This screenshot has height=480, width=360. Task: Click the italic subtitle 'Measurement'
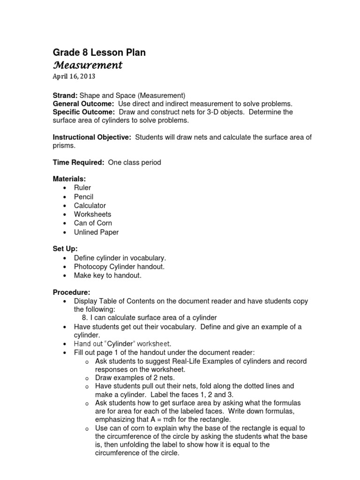pos(87,65)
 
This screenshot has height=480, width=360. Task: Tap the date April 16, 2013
pos(74,76)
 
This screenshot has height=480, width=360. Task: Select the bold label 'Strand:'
pos(65,95)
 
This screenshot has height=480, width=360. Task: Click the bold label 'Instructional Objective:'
pos(92,137)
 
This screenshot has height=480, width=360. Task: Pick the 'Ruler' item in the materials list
pos(82,188)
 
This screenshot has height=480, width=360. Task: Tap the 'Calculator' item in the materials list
pos(90,206)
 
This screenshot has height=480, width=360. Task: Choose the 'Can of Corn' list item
pos(93,224)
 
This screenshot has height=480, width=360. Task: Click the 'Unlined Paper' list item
pos(96,232)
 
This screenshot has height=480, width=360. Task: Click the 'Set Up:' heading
pos(65,249)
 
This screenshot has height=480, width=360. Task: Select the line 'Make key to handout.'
pos(107,276)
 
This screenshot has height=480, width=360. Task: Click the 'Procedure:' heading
pos(71,292)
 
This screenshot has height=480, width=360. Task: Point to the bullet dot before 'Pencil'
pos(64,197)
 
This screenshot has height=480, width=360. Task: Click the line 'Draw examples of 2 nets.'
pos(135,378)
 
